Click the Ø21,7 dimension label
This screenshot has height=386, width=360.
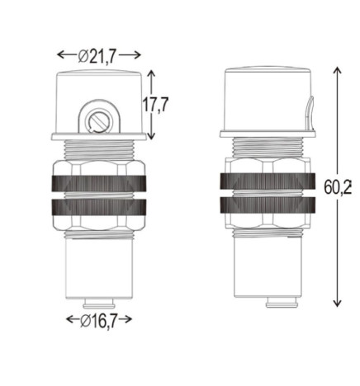click(98, 55)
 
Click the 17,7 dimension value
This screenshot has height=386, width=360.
click(157, 105)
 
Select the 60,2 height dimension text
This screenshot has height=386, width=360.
click(338, 187)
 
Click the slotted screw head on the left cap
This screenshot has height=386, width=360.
click(99, 121)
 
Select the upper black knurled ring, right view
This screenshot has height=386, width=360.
click(268, 182)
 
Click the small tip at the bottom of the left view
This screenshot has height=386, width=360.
click(99, 302)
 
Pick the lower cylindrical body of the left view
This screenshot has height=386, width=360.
click(99, 268)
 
